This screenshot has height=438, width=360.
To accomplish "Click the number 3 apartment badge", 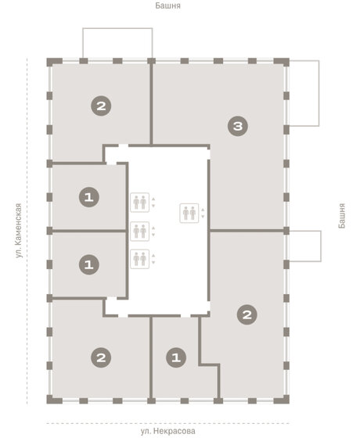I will pyautogui.click(x=239, y=125).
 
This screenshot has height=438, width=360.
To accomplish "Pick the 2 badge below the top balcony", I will pyautogui.click(x=99, y=106).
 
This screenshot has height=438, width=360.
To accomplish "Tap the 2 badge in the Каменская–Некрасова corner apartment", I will pyautogui.click(x=99, y=358).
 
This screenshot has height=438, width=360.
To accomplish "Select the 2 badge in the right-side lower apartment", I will pyautogui.click(x=247, y=314).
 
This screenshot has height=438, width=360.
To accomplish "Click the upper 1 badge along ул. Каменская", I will pyautogui.click(x=89, y=198).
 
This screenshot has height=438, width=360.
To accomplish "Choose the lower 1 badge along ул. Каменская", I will pyautogui.click(x=89, y=265).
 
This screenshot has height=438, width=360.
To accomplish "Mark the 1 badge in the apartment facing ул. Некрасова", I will pyautogui.click(x=176, y=358).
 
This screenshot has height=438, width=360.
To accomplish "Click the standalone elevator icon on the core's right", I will pyautogui.click(x=189, y=212).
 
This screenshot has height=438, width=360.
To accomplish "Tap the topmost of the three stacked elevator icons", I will pyautogui.click(x=139, y=202).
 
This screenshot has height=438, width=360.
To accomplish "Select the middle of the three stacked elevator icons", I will pyautogui.click(x=139, y=231).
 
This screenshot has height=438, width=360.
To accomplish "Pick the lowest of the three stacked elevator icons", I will pyautogui.click(x=139, y=258).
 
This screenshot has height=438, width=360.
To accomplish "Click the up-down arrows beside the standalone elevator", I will pyautogui.click(x=203, y=212).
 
